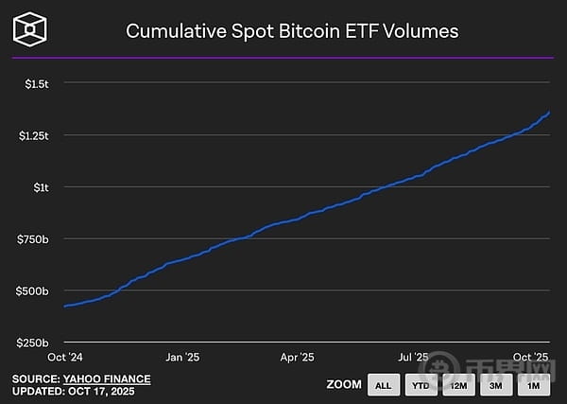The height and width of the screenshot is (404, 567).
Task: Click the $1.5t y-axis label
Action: [36, 83]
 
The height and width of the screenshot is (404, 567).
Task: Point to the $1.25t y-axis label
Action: [33, 135]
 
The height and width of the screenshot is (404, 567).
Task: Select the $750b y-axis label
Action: [33, 238]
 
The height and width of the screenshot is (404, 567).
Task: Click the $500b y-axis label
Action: [33, 290]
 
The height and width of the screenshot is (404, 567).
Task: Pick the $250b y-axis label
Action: [33, 342]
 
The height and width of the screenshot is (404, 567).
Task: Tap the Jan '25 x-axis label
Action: [182, 357]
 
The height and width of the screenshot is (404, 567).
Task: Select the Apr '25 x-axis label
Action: [297, 357]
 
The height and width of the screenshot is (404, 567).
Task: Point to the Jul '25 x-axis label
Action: [414, 357]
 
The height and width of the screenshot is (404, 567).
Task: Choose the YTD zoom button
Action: [421, 385]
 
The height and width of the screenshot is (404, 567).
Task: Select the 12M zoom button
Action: [458, 385]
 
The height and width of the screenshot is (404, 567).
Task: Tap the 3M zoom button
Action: [496, 385]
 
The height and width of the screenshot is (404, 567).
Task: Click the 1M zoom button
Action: [534, 385]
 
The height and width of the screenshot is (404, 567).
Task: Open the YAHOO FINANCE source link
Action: [107, 378]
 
